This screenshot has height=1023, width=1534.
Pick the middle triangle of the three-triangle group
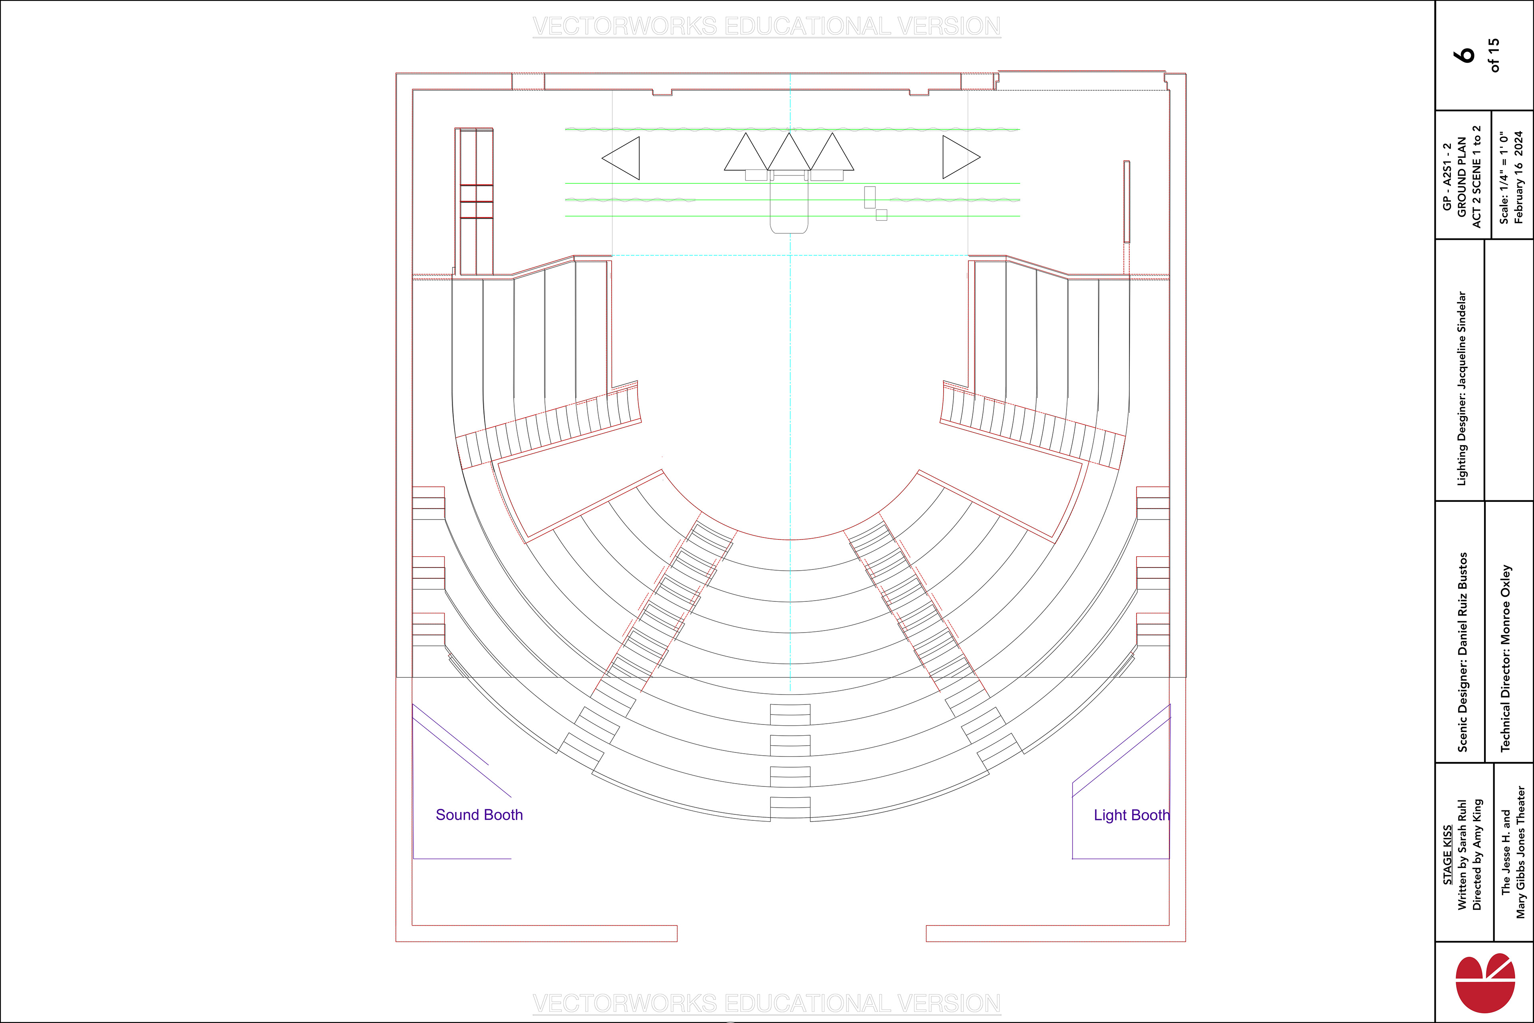click(x=789, y=154)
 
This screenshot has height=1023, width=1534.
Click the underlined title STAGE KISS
click(x=1447, y=855)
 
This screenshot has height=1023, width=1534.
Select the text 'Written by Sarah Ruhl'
click(x=1462, y=855)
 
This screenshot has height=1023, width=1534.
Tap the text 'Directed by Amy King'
click(x=1477, y=855)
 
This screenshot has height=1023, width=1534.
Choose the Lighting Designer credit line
click(x=1462, y=388)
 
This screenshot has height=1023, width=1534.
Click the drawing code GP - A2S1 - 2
click(x=1447, y=176)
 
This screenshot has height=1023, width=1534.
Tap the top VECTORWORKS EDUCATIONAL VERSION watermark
click(x=766, y=27)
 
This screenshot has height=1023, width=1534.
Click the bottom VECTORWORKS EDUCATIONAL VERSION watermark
click(x=766, y=1003)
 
